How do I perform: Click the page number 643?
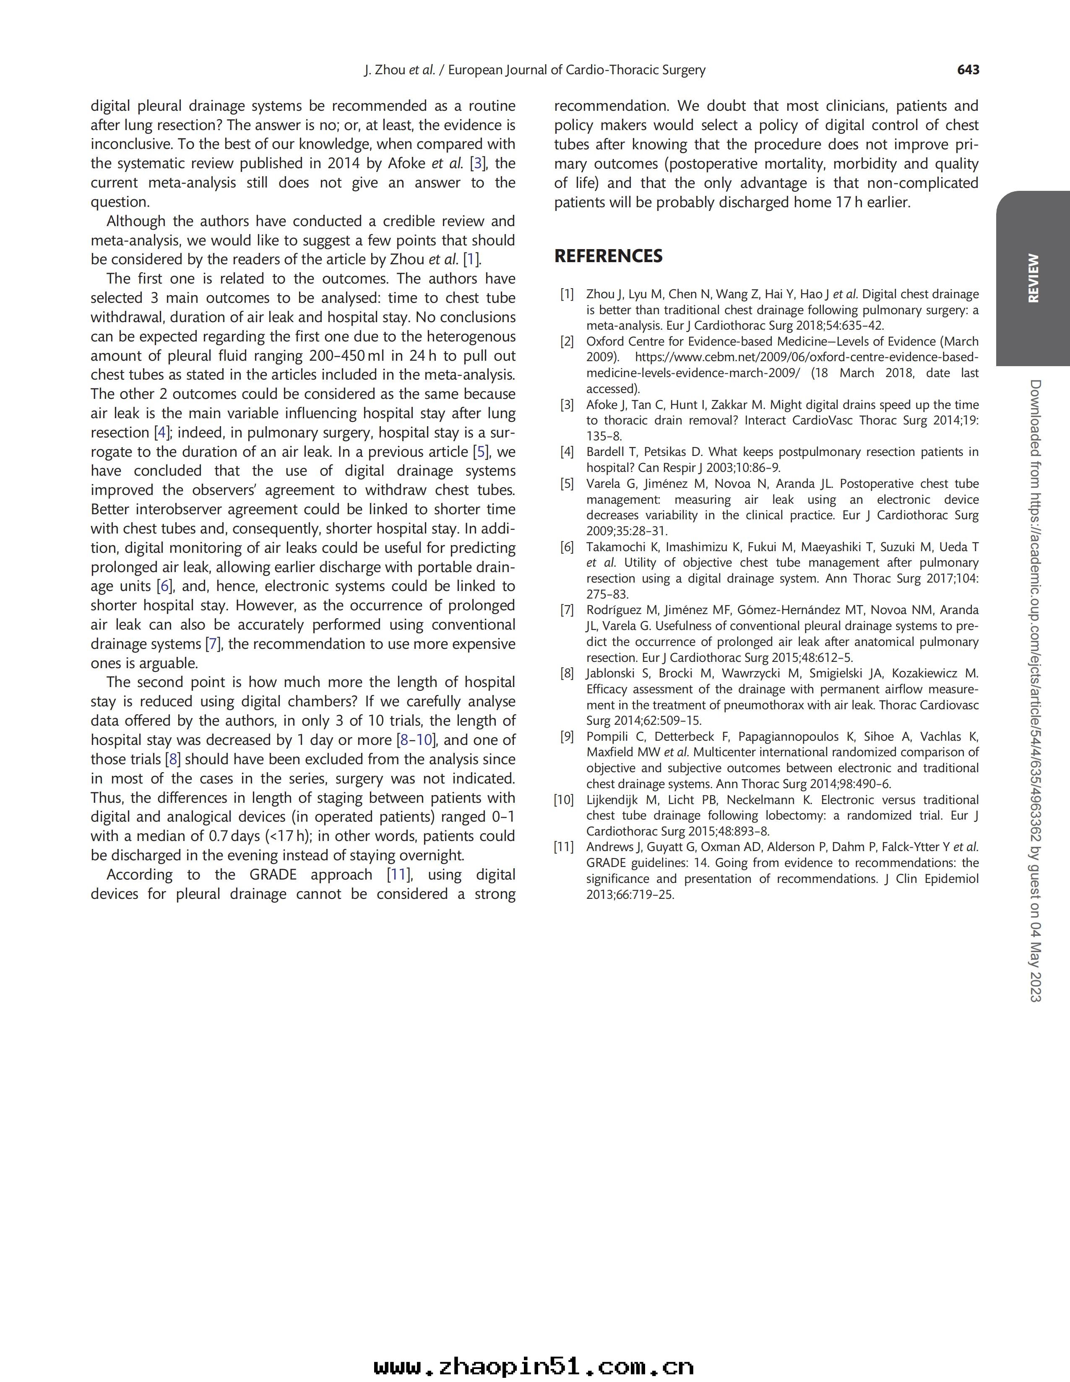pyautogui.click(x=968, y=70)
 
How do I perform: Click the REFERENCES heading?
pyautogui.click(x=608, y=256)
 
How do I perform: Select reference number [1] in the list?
pyautogui.click(x=566, y=294)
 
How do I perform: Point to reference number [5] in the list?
pyautogui.click(x=566, y=484)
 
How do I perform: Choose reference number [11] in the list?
pyautogui.click(x=564, y=847)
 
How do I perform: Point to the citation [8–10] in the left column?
pyautogui.click(x=416, y=740)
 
